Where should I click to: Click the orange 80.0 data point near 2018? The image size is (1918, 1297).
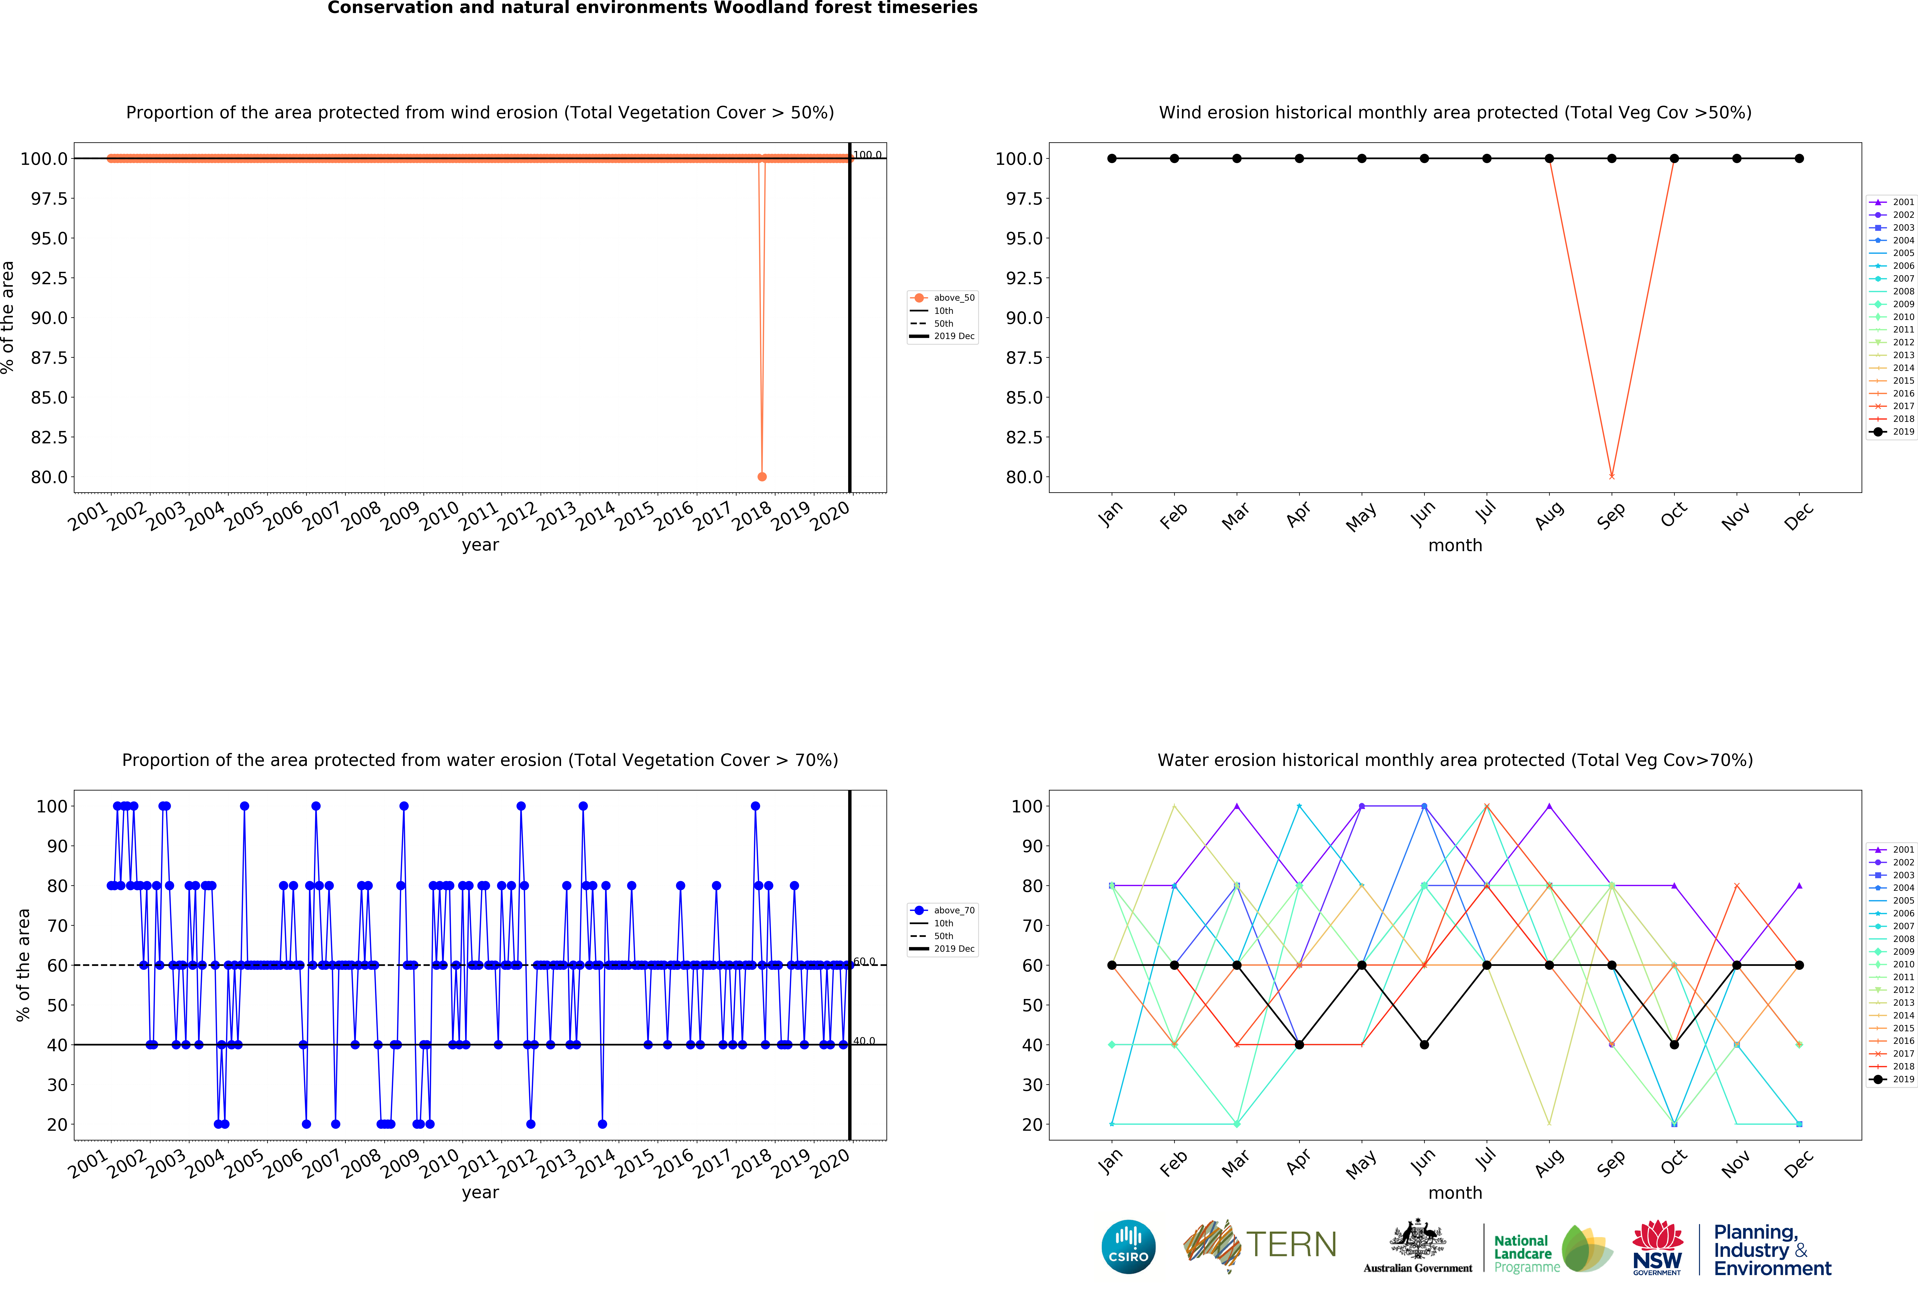click(x=762, y=476)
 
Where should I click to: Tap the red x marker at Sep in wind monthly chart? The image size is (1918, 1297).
click(x=1611, y=476)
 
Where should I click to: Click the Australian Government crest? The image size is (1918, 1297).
click(x=1417, y=1238)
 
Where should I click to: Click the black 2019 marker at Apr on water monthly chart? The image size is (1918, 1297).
click(x=1299, y=1044)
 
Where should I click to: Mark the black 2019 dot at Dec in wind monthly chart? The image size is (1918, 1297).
click(x=1799, y=159)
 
